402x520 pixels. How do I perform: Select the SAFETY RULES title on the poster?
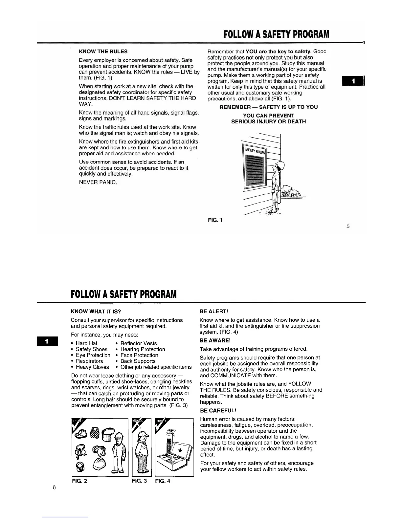point(255,151)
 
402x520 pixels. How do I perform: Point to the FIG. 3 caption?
point(139,481)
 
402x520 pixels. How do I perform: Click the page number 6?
point(54,487)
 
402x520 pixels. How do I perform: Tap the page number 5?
point(348,226)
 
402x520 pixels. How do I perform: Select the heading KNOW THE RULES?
point(103,52)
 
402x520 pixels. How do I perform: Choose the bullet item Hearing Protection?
point(143,349)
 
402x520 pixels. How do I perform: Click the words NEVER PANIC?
point(98,182)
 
